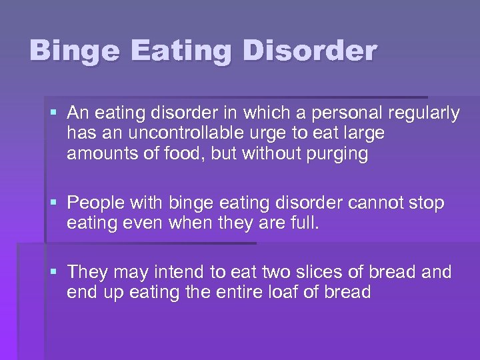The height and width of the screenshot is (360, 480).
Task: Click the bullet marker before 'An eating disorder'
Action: pos(55,114)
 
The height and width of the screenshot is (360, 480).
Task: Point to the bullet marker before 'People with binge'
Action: pos(55,203)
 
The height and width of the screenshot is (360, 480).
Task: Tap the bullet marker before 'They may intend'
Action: pos(55,272)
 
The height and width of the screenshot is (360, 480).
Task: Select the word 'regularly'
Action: pos(427,114)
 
